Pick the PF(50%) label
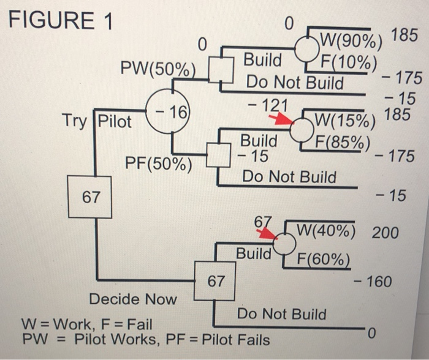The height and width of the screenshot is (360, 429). pos(158,163)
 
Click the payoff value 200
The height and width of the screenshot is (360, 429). pos(384,233)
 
